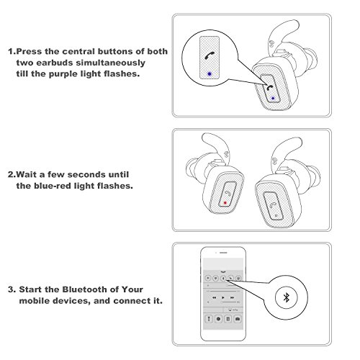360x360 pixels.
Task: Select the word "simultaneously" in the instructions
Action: pos(111,63)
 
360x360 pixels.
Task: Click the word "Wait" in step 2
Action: pos(26,174)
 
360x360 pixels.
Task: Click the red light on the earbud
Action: pos(225,203)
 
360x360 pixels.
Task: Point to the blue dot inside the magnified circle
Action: pos(210,74)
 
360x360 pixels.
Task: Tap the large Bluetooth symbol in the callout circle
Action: pos(286,297)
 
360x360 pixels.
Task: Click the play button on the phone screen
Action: pos(223,297)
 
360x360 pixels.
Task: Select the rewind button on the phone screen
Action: pos(215,297)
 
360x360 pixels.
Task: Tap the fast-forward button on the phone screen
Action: pos(232,297)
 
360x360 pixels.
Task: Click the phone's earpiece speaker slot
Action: pos(223,253)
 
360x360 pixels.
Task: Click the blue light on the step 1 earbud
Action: pos(273,98)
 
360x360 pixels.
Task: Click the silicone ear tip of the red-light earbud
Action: pos(193,167)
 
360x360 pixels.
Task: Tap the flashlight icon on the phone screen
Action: pos(210,319)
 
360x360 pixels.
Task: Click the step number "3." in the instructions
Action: pos(12,289)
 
